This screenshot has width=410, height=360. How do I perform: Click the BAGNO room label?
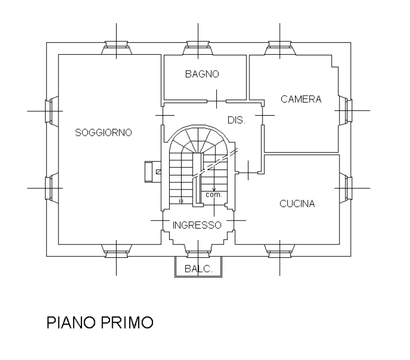(202, 74)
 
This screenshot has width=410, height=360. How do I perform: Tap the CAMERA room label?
(302, 99)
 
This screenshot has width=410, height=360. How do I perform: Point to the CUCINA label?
(297, 204)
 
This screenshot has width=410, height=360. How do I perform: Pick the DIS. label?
(236, 120)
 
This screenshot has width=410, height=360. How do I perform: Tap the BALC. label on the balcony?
(196, 268)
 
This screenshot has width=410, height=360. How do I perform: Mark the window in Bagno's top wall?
(197, 48)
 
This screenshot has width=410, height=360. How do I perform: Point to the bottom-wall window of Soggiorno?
(116, 249)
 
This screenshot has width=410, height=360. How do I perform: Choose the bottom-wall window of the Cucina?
(279, 249)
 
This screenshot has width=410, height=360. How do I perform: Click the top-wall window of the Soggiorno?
(116, 48)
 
